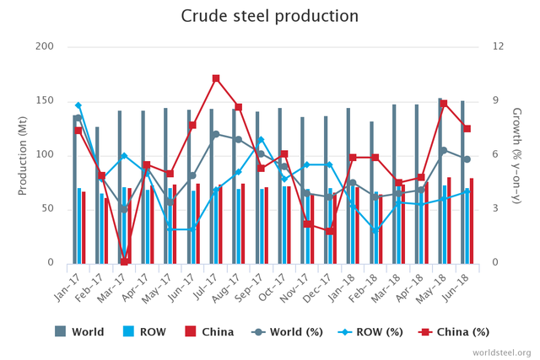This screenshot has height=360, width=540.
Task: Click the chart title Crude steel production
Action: [270, 16]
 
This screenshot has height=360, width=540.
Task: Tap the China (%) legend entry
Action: [456, 331]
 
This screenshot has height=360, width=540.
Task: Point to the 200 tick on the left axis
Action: [41, 46]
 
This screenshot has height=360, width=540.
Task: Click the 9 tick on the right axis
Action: [497, 100]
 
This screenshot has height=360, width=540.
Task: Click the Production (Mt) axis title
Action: [23, 155]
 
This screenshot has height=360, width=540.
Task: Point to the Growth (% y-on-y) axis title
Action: [516, 155]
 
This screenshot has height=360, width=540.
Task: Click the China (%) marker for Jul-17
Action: [216, 78]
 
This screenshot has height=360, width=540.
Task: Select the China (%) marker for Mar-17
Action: [125, 261]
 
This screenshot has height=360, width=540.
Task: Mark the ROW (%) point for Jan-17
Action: [78, 105]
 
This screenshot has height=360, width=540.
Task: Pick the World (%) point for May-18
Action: [443, 150]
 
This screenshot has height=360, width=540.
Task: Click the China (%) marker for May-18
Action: [444, 103]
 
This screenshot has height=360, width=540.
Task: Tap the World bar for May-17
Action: [165, 185]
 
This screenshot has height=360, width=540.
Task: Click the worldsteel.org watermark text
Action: [502, 352]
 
